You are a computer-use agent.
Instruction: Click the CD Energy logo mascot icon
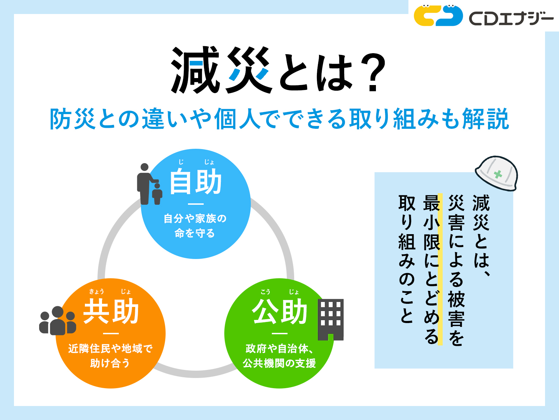(x=438, y=15)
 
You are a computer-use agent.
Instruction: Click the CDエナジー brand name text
(x=511, y=18)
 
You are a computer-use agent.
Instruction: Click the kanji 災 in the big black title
(x=248, y=70)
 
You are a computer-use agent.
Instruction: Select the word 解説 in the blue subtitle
(x=485, y=119)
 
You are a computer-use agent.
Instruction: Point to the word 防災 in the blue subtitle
(x=73, y=119)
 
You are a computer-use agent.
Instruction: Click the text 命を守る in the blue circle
(x=195, y=233)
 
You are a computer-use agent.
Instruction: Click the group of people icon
(x=58, y=321)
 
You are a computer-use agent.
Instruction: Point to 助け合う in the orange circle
(x=110, y=363)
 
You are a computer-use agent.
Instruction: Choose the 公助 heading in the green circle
(x=279, y=311)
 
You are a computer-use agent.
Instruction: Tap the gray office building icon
(x=331, y=320)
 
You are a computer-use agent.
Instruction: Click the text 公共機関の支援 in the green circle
(x=279, y=363)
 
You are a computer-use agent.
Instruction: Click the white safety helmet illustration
(x=496, y=173)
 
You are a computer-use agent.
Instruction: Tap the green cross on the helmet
(x=498, y=174)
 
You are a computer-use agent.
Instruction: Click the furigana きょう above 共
(x=96, y=292)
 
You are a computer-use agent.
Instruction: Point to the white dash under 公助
(x=279, y=334)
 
